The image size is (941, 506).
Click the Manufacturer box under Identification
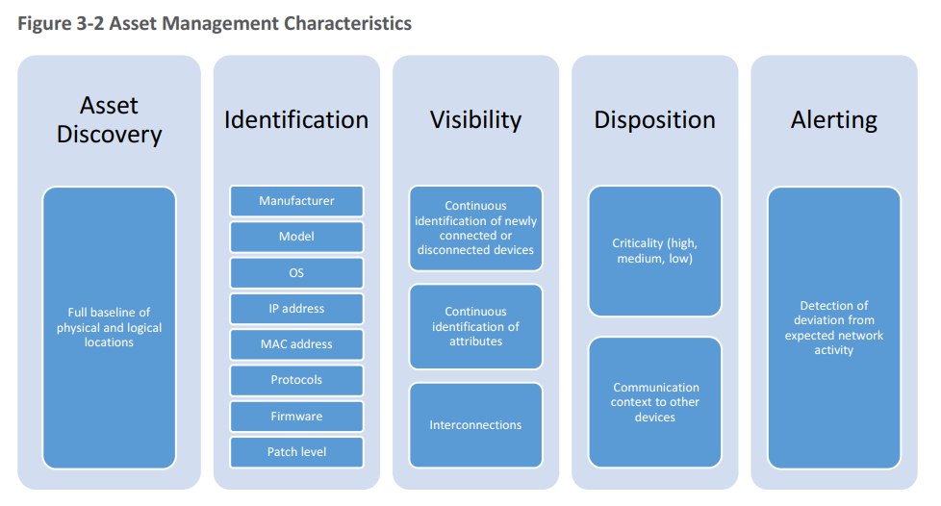(296, 200)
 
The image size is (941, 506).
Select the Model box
(296, 237)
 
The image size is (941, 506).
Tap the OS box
(296, 272)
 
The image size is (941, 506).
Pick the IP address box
(296, 309)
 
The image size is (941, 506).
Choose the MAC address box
(296, 344)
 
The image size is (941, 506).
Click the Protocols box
(296, 380)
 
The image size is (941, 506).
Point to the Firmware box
(296, 416)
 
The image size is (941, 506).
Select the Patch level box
(296, 452)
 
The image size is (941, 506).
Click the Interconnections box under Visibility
(475, 425)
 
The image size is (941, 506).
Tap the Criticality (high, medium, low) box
(654, 251)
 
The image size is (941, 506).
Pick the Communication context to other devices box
(654, 402)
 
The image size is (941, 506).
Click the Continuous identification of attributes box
(475, 326)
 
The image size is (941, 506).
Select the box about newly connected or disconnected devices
(475, 228)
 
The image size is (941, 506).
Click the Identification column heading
(296, 119)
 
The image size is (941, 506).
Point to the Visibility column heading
(476, 120)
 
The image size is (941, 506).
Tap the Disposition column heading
(654, 120)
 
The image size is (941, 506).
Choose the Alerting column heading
(833, 120)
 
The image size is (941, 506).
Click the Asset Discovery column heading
(110, 119)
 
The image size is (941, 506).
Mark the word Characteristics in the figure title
(347, 23)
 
